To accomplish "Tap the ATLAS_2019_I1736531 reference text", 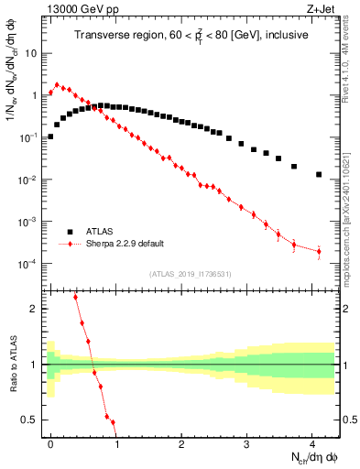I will coord(190,274).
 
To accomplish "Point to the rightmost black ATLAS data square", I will coord(319,174).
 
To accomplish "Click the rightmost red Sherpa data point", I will coord(319,251).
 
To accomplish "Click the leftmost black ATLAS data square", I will coord(50,136).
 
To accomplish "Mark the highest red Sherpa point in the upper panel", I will coord(57,85).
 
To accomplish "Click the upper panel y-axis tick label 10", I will coord(31,53).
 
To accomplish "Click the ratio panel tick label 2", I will coord(33,309).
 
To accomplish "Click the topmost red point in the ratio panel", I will coord(76,298).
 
